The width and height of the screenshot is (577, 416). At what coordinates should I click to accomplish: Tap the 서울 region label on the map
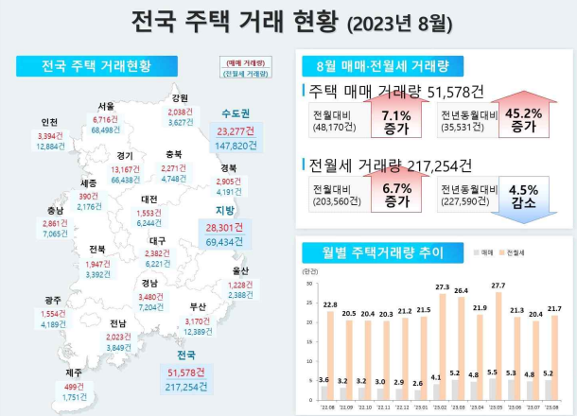pos(106,107)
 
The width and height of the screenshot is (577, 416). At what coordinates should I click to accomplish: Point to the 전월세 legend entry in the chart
pos(515,253)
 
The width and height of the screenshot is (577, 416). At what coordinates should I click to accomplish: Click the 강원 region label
pos(180,97)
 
